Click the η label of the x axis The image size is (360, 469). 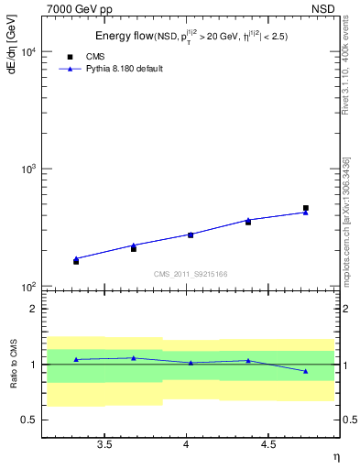(x=335, y=455)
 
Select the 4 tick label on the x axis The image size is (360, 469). (x=186, y=444)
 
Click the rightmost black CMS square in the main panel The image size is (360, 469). (x=306, y=208)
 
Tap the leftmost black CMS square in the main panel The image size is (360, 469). (x=76, y=261)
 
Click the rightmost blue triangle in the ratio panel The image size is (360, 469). (x=306, y=371)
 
